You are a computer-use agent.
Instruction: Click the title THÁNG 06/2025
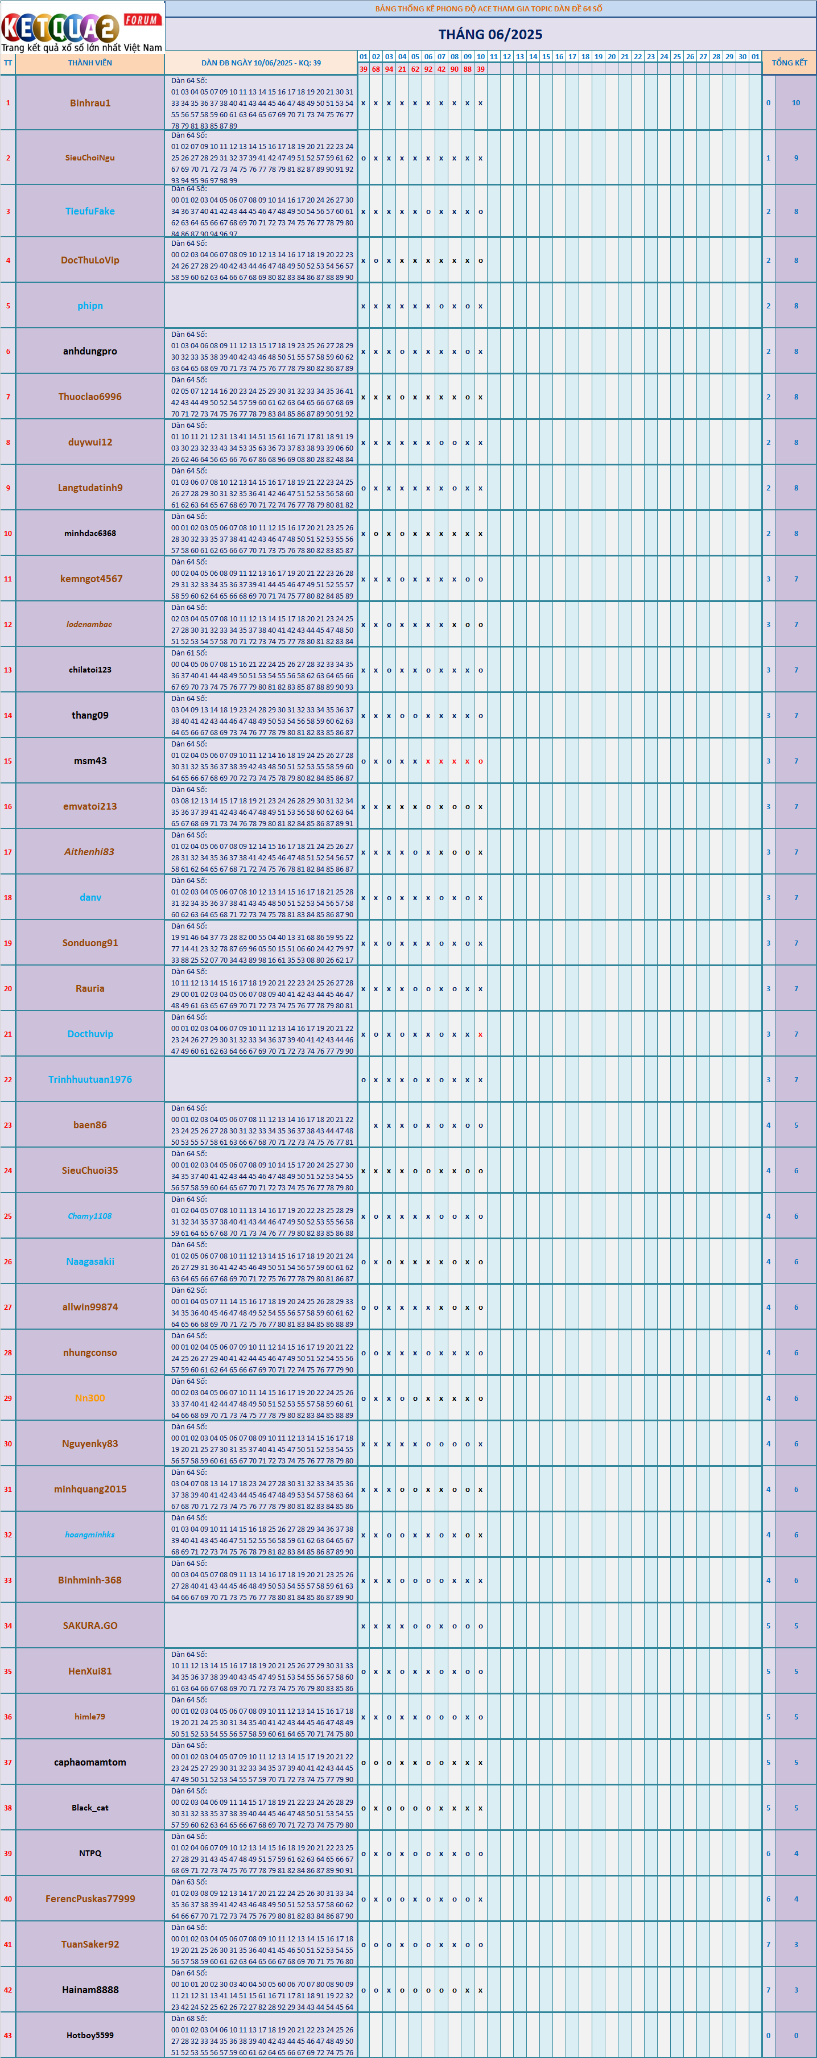(489, 34)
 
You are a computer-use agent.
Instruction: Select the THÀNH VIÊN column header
(90, 63)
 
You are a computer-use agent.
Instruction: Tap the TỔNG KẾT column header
(789, 63)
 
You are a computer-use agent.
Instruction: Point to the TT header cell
(8, 63)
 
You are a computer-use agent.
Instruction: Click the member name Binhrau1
(90, 103)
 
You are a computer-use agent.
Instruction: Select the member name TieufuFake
(90, 212)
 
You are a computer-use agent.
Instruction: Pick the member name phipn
(90, 306)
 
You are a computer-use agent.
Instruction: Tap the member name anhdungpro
(90, 352)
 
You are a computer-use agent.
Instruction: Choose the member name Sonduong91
(90, 943)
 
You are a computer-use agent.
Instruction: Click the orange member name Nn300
(90, 1398)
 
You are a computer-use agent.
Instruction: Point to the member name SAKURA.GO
(90, 1626)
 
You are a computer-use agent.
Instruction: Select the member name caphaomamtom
(90, 1762)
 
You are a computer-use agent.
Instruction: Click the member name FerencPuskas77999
(90, 1899)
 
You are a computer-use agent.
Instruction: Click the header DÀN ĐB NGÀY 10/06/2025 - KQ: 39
(261, 63)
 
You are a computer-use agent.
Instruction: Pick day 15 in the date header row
(546, 57)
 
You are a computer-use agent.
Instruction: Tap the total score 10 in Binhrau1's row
(795, 103)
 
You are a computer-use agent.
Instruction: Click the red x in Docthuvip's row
(480, 1034)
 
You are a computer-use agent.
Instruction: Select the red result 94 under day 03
(389, 69)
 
